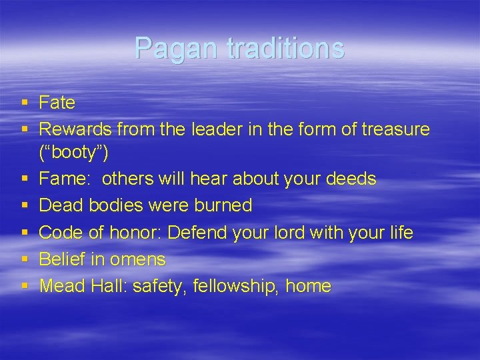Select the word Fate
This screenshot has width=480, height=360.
(x=57, y=103)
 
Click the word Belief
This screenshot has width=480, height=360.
(x=63, y=259)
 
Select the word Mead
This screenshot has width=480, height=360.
(x=62, y=286)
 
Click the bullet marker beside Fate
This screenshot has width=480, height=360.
(x=25, y=103)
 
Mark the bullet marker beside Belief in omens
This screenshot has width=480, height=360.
(x=25, y=259)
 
